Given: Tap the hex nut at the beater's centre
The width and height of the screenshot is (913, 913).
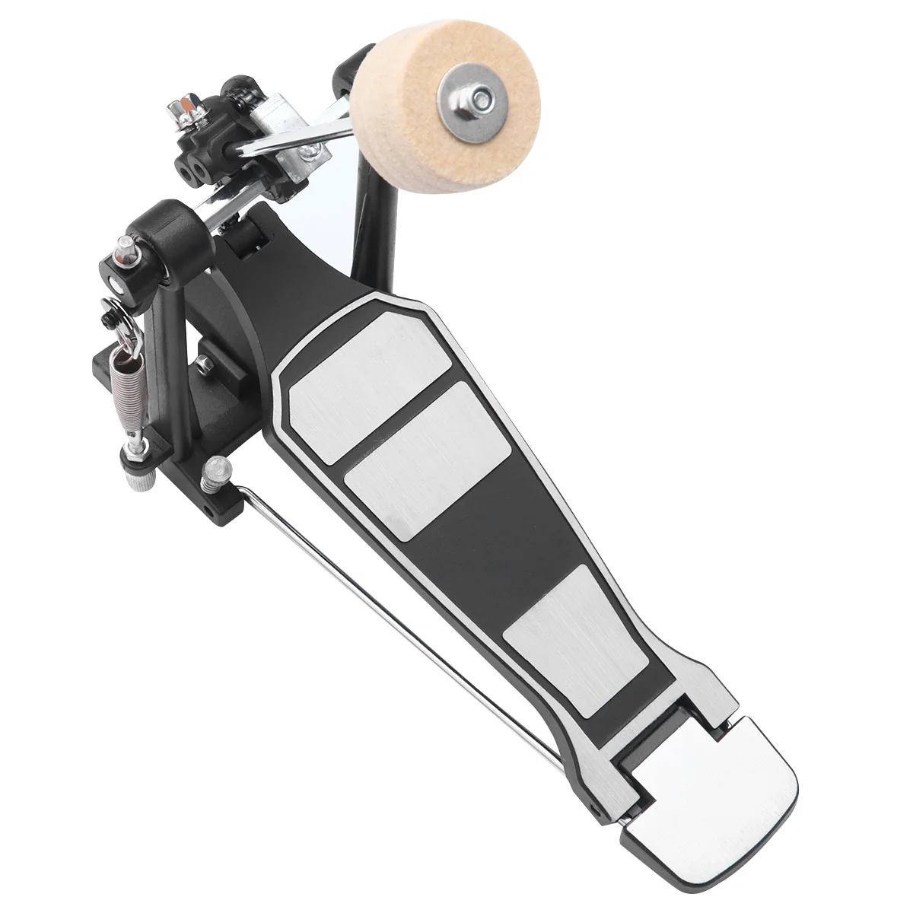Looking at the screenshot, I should (x=477, y=97).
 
